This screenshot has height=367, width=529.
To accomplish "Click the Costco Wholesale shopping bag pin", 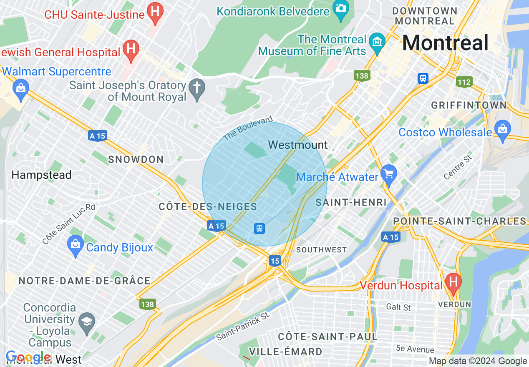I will pos(503,130).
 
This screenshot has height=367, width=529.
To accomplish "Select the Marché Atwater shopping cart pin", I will pos(389,175).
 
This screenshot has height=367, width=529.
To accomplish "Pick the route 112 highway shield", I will pos(464,82).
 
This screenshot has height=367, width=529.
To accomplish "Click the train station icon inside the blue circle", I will pos(259,228).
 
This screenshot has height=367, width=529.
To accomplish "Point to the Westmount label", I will pos(298,145).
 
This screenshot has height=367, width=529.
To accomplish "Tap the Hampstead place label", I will pos(42,175).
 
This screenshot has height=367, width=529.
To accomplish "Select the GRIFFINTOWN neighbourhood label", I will pos(469,105).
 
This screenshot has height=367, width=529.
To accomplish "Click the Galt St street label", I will pos(398,307).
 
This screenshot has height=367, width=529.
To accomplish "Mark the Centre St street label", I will pos(458,167).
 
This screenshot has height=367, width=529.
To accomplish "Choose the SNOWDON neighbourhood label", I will pos(136,159).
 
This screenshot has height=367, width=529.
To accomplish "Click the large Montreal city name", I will pos(445,43).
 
